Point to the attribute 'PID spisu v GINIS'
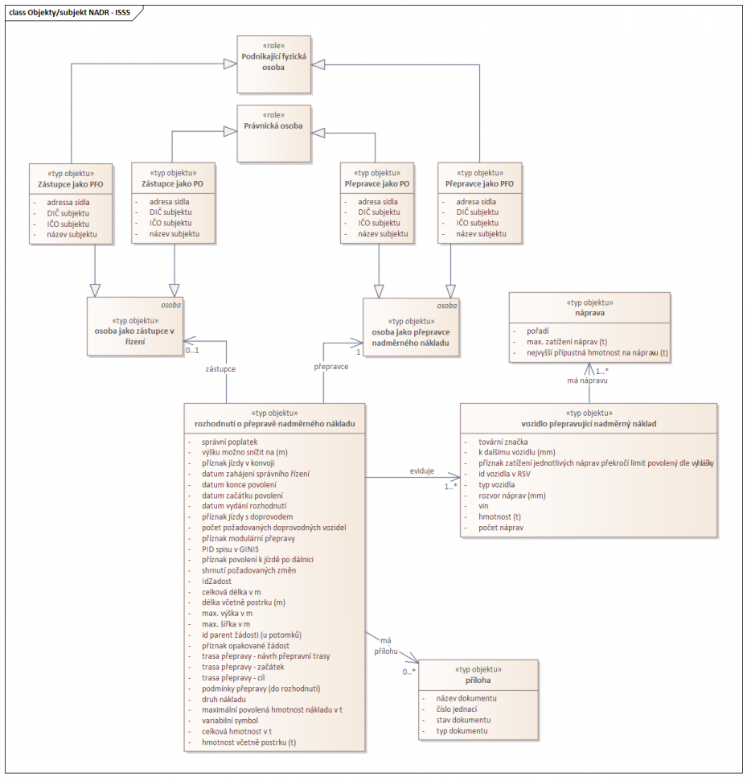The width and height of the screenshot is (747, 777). pyautogui.click(x=231, y=549)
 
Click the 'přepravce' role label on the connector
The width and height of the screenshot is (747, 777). pyautogui.click(x=329, y=366)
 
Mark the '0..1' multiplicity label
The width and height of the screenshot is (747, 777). pyautogui.click(x=192, y=351)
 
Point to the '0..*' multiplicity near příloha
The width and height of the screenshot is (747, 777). pyautogui.click(x=409, y=671)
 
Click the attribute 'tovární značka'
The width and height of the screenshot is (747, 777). pyautogui.click(x=503, y=442)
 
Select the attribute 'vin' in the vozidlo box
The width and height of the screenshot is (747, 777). pyautogui.click(x=482, y=507)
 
